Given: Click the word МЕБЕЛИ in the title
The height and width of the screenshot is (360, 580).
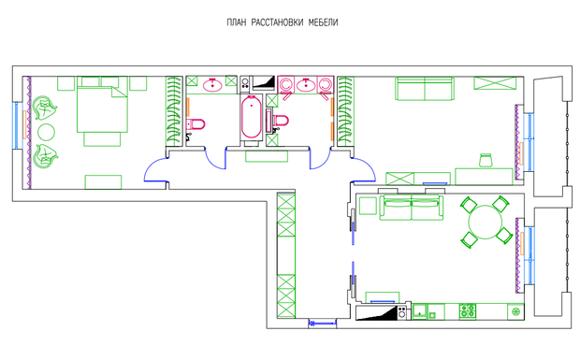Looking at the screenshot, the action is (x=323, y=22).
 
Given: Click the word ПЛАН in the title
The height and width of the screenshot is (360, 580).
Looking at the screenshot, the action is (x=236, y=22).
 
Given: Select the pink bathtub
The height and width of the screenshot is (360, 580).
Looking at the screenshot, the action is (x=251, y=117).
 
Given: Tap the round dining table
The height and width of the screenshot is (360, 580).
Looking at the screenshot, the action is (x=486, y=223).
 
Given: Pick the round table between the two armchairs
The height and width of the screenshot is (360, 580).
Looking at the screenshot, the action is (x=47, y=132).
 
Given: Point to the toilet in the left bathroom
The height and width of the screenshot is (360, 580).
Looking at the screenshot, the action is (x=196, y=124).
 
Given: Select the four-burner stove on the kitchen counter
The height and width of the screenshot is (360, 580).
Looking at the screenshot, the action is (x=468, y=311).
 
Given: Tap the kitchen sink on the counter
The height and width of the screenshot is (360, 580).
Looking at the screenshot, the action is (x=420, y=310).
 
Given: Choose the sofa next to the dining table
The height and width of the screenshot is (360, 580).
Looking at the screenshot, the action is (x=412, y=209).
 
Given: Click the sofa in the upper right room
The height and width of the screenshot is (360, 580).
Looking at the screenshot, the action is (x=425, y=89).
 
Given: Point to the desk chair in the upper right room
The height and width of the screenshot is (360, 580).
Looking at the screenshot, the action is (x=486, y=161).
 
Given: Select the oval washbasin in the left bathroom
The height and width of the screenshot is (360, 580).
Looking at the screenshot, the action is (x=212, y=85).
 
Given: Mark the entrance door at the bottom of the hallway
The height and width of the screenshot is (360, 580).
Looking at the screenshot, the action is (x=323, y=324).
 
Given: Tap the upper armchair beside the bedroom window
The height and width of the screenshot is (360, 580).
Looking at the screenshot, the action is (x=45, y=108).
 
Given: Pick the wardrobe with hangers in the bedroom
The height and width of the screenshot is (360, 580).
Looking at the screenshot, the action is (x=174, y=111).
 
